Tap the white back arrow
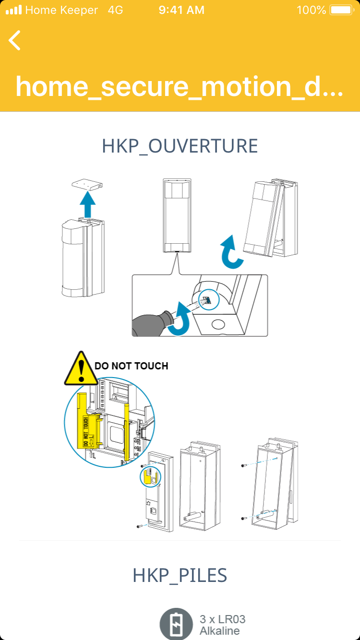pos(15,40)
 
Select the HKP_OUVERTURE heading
pos(180,146)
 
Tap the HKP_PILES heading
pos(180,575)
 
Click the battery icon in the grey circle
pos(176,624)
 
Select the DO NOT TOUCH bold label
pos(132,366)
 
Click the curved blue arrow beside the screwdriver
pos(181,318)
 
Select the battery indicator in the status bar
pos(342,10)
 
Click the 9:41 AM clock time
pos(181,10)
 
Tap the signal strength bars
pos(13,10)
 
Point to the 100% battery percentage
pos(311,10)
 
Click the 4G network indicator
pos(115,10)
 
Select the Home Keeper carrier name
pos(61,10)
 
